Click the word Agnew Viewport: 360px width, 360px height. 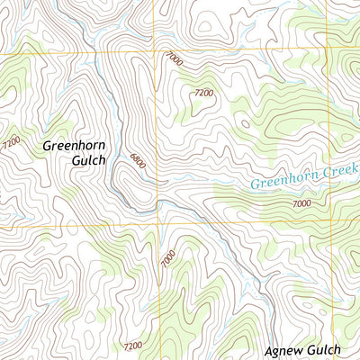tap(286, 350)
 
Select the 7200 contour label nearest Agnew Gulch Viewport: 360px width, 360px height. tap(133, 346)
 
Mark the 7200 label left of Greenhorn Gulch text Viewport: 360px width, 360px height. tap(11, 142)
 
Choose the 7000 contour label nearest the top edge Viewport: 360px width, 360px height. tap(174, 59)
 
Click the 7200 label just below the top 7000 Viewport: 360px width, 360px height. tap(203, 93)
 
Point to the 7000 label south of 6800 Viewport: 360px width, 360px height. tap(168, 258)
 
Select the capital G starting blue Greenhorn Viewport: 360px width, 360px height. tap(255, 186)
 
